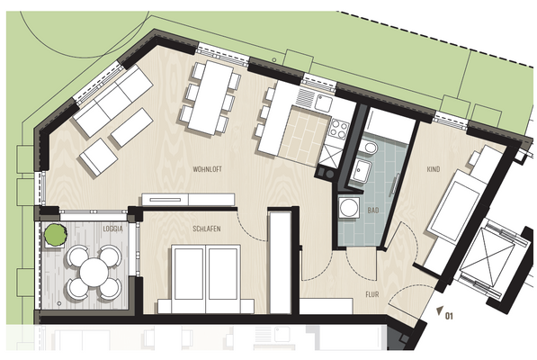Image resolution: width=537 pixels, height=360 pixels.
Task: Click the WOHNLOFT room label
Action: pyautogui.click(x=208, y=168)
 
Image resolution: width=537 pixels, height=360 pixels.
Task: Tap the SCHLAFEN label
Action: pyautogui.click(x=207, y=229)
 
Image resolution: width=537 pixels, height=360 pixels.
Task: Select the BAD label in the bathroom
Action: pyautogui.click(x=373, y=210)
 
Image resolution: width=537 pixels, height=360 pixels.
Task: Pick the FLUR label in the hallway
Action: pyautogui.click(x=372, y=293)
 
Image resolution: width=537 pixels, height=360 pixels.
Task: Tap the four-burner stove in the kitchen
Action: pyautogui.click(x=343, y=129)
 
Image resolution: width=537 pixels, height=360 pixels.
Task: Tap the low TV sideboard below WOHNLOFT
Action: pyautogui.click(x=187, y=199)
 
